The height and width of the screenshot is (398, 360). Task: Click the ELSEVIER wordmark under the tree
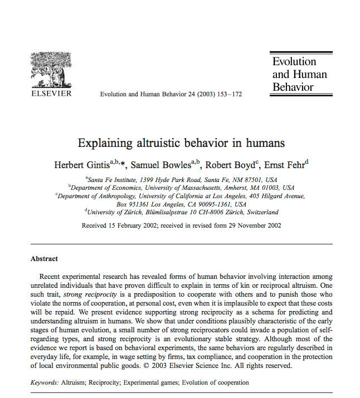tap(50, 94)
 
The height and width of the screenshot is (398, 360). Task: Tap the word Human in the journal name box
tap(310, 74)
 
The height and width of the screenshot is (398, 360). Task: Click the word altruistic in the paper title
tap(166, 143)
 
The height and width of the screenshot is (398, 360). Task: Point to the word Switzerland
tap(258, 212)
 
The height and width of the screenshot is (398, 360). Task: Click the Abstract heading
tap(44, 259)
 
